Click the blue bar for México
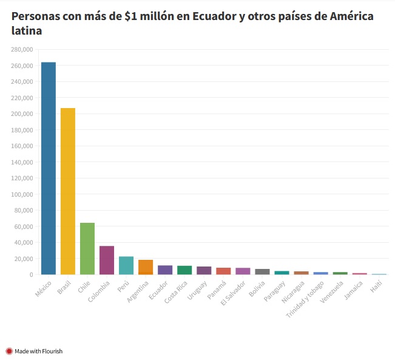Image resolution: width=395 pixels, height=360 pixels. (49, 168)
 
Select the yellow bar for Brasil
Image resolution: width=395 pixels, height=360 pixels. (68, 191)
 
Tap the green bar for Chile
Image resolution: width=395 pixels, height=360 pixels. (87, 248)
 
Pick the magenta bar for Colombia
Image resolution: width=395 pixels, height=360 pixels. (107, 260)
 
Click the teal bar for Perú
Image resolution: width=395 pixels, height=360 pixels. (126, 265)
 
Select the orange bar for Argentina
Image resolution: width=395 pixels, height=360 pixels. (146, 267)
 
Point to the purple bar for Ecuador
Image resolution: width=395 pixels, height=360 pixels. (165, 270)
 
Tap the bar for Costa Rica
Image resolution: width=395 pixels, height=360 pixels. (184, 270)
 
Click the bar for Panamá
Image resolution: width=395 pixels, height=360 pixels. (223, 271)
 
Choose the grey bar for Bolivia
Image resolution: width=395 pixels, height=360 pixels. (262, 271)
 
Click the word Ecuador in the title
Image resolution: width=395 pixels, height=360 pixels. (214, 16)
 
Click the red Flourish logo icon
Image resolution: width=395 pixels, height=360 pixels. (9, 351)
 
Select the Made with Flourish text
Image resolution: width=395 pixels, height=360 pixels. (38, 351)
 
